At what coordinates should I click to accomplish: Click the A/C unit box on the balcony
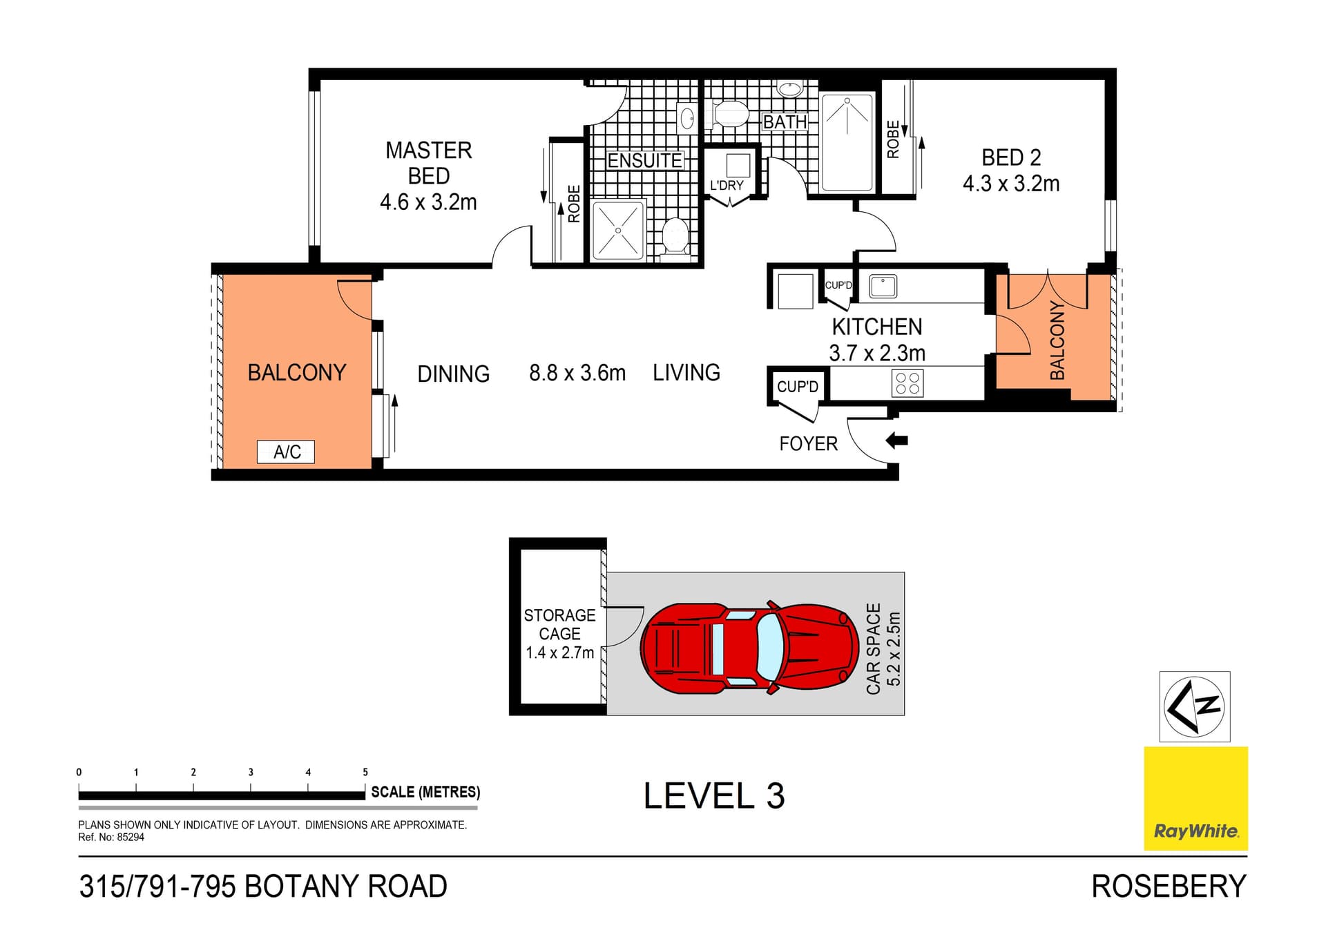(286, 452)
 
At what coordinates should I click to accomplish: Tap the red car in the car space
(749, 647)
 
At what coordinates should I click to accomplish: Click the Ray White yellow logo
(1195, 798)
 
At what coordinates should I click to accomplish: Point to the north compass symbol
(1194, 706)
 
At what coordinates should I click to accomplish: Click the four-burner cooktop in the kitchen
(907, 384)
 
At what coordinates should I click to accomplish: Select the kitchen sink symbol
(883, 286)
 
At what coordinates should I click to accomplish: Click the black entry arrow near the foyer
(896, 440)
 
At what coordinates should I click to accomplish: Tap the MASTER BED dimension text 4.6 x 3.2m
(428, 202)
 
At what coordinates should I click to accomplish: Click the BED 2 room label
(1011, 157)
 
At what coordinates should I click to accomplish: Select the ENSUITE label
(644, 161)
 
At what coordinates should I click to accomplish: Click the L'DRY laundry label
(727, 185)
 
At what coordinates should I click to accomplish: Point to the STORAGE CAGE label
(559, 624)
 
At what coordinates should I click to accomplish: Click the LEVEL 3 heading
(714, 796)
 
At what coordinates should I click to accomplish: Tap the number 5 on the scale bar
(365, 772)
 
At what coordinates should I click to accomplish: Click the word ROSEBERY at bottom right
(1169, 887)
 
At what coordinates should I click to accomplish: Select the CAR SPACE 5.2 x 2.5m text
(883, 648)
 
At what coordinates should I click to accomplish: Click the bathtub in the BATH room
(847, 143)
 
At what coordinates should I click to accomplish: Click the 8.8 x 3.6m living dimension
(577, 373)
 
